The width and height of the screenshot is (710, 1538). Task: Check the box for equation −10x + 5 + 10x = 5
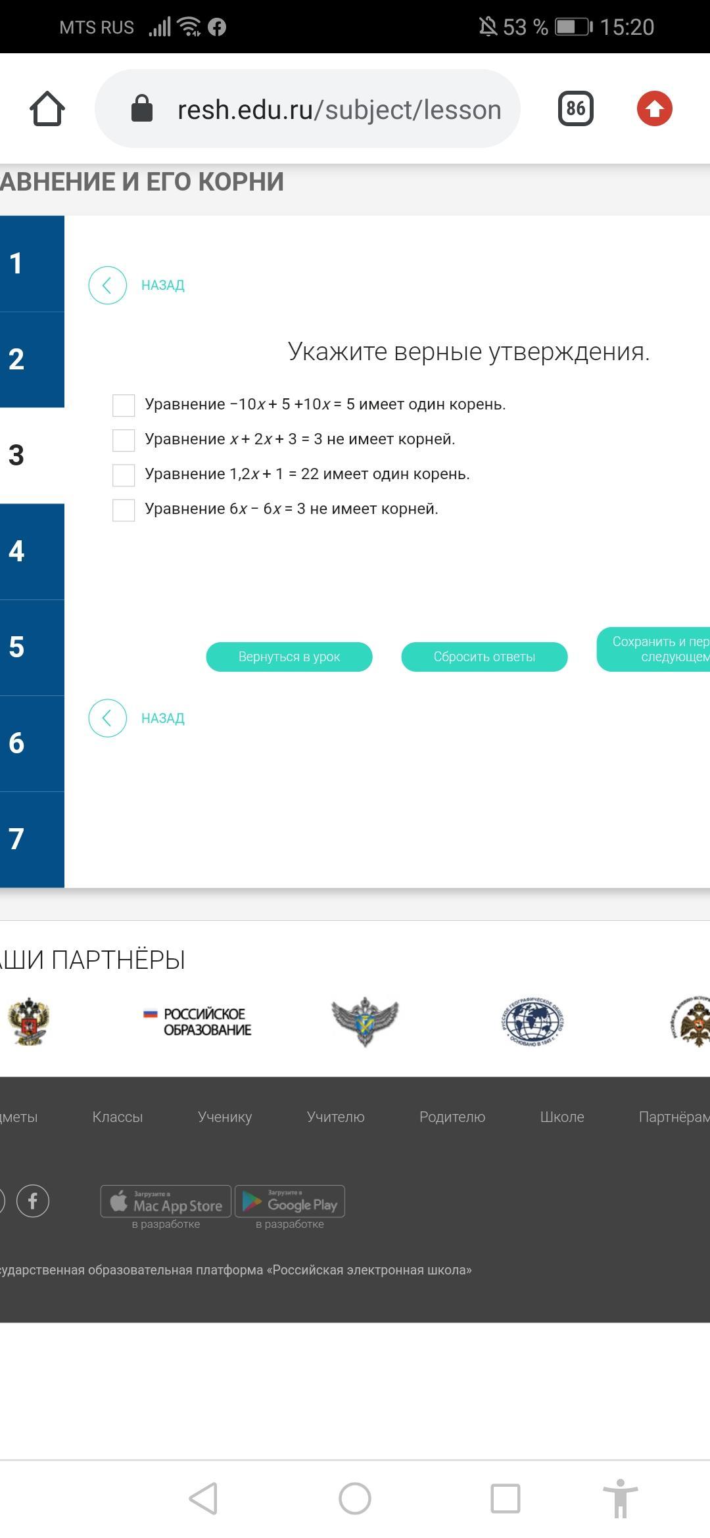coord(124,405)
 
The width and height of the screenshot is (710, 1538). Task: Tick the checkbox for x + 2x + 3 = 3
coord(124,440)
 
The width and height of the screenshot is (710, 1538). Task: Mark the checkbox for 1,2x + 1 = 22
coord(124,475)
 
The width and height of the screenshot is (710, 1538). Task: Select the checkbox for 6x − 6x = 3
coord(124,509)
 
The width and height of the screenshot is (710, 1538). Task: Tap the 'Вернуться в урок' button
coord(289,657)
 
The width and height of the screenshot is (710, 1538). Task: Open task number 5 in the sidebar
coord(32,647)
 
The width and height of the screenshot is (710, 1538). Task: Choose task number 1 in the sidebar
coord(32,264)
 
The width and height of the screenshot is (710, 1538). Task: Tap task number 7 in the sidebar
coord(32,839)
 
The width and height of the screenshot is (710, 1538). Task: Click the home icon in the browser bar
coord(47,108)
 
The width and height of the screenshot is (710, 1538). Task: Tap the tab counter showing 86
coord(576,108)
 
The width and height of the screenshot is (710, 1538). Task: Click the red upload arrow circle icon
coord(655,108)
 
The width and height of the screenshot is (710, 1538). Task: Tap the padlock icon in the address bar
coord(142,108)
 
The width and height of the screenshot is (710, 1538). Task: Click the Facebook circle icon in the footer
coord(33,1201)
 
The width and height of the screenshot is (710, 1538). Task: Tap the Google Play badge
coord(290,1201)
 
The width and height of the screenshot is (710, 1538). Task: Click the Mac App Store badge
coord(166,1201)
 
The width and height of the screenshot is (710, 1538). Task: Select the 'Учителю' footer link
coord(335,1117)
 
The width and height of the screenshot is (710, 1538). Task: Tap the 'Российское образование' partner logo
coord(198,1022)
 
